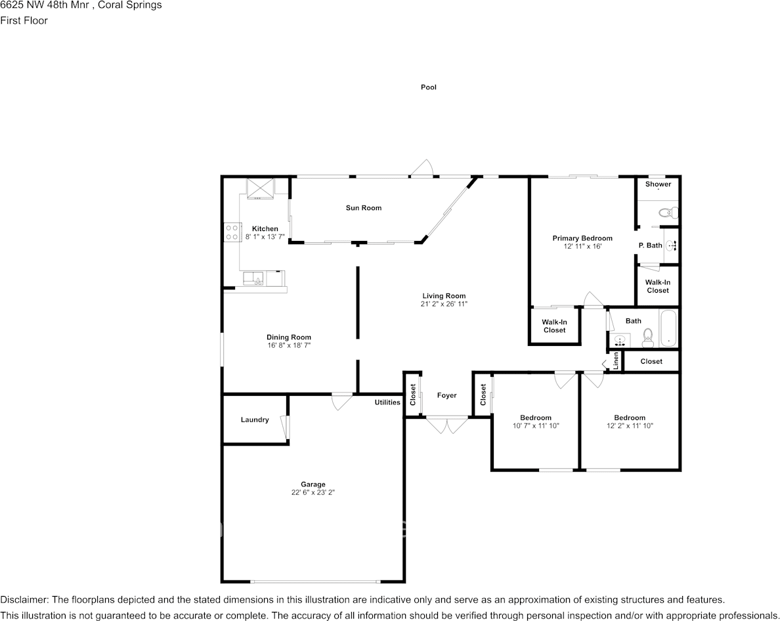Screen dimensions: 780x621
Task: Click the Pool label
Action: click(428, 87)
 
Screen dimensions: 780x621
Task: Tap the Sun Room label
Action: click(364, 208)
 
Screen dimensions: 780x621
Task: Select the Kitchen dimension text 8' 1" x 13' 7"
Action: click(265, 237)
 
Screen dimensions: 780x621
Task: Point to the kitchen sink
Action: click(253, 278)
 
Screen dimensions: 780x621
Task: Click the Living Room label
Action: click(444, 296)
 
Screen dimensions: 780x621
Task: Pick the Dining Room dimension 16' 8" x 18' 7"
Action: click(289, 345)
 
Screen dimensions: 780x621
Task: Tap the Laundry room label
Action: click(255, 419)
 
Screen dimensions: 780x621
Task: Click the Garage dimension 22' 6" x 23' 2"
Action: click(313, 492)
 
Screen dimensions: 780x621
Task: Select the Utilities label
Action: click(387, 402)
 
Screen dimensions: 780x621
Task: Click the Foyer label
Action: click(446, 395)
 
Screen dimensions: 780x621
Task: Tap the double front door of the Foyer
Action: click(446, 425)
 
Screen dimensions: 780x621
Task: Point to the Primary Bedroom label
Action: click(582, 238)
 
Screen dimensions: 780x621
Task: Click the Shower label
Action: click(658, 184)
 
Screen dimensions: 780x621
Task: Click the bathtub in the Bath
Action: click(668, 328)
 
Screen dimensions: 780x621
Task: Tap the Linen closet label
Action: click(616, 361)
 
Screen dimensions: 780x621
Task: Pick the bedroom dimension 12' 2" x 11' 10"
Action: click(630, 425)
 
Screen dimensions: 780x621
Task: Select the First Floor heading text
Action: click(24, 20)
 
